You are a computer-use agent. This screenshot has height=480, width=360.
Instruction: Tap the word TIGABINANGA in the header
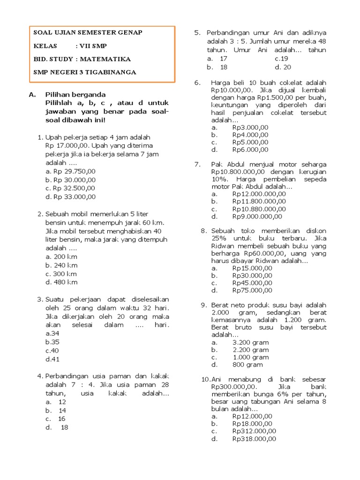coord(109,72)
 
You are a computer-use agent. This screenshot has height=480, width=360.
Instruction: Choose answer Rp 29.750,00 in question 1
coord(71,171)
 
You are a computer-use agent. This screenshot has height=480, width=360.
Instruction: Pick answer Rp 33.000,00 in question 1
coord(71,197)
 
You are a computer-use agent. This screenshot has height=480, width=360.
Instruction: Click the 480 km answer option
coord(61,282)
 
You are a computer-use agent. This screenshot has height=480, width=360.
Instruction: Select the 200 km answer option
coord(61,257)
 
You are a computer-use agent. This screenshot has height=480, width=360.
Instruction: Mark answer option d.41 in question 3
coord(52,359)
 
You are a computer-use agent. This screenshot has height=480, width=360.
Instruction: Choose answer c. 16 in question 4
coord(56,419)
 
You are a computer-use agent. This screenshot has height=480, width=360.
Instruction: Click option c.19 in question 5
coord(281,59)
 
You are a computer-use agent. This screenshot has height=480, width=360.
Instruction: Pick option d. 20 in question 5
coord(284,67)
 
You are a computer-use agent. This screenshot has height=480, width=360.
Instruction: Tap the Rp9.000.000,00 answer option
coord(257,216)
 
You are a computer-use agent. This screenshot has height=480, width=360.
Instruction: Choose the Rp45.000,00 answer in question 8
coord(252,283)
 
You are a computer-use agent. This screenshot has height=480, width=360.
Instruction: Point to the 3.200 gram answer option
coord(250,342)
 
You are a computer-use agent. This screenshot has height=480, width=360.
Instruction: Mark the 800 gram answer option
coord(247,364)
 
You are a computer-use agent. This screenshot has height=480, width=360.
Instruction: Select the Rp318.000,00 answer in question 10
coord(254,439)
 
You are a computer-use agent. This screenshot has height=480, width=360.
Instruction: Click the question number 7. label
coord(197,164)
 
